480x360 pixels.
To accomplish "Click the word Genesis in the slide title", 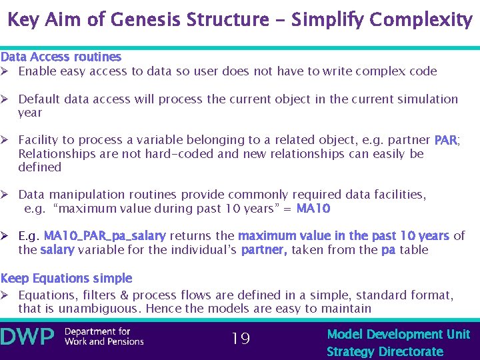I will (x=143, y=19).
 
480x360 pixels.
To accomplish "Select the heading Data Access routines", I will (x=61, y=57).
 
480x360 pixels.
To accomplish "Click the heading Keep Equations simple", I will (x=66, y=278).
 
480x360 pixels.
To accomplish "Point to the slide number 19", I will (x=240, y=339).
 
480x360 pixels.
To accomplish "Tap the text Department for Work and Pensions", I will (x=103, y=337).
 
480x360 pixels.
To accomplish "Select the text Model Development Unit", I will (x=398, y=334).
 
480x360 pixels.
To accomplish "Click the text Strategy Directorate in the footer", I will (x=385, y=351).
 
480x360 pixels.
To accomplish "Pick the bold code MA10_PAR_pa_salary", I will (x=105, y=236).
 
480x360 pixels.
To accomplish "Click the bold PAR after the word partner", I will (x=445, y=140).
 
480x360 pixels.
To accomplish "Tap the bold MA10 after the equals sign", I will (x=313, y=209).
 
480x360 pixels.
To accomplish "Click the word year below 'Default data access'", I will (x=30, y=113).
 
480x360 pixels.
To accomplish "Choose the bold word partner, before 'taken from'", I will (x=264, y=250).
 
